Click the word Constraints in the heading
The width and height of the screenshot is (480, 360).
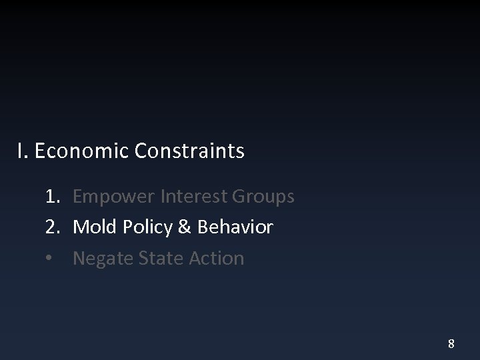click(x=189, y=152)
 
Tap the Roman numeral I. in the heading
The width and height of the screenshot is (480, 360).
click(x=22, y=152)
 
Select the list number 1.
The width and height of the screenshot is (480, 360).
click(x=53, y=197)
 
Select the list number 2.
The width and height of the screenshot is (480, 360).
click(x=53, y=227)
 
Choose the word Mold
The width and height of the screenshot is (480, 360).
click(x=93, y=227)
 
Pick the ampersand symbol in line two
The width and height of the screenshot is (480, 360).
click(x=183, y=227)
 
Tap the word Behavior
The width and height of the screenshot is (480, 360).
click(x=235, y=227)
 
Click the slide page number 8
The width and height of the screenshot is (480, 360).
click(x=451, y=344)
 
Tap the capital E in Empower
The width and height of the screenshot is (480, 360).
click(x=77, y=197)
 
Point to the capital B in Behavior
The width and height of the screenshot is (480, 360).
click(x=202, y=227)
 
